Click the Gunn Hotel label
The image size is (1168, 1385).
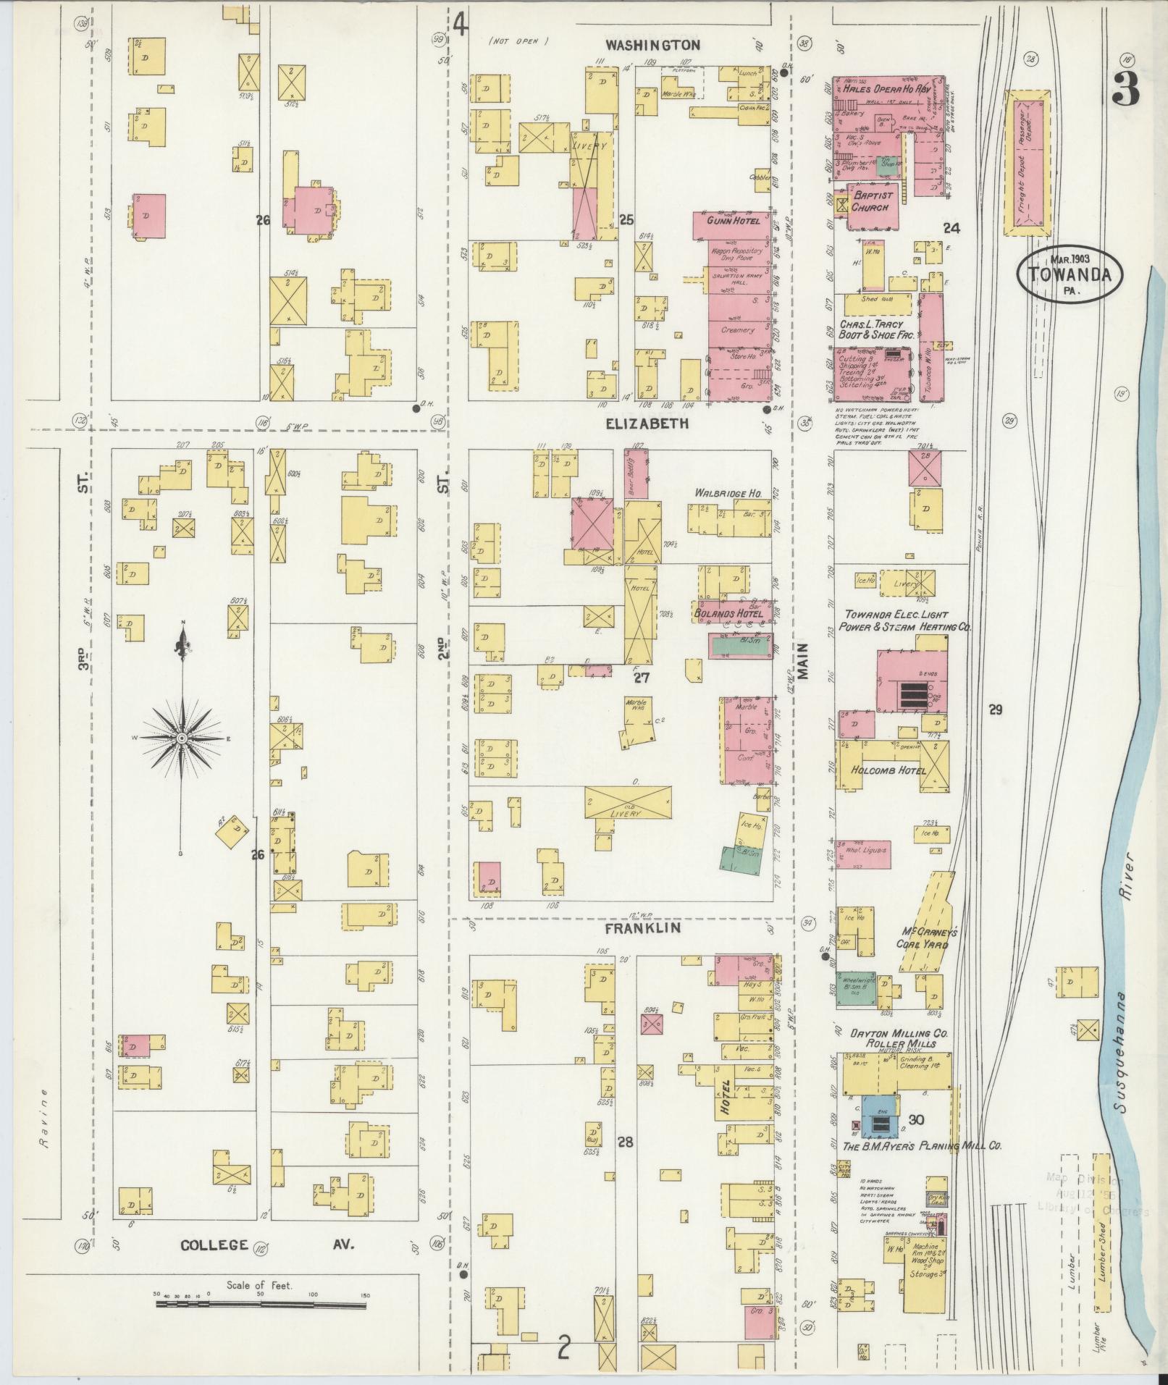click(x=734, y=220)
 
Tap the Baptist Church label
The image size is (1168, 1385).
click(x=872, y=201)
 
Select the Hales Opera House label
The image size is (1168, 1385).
click(x=886, y=88)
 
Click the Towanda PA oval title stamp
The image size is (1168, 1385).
click(x=1070, y=274)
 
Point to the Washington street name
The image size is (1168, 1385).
click(x=652, y=45)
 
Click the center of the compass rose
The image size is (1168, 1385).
click(x=181, y=737)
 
